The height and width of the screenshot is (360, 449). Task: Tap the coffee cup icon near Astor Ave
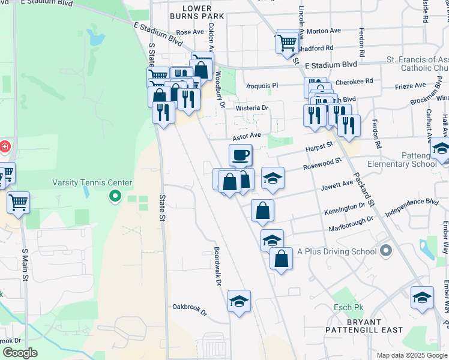[x=240, y=155]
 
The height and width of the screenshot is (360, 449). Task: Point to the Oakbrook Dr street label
[x=189, y=313]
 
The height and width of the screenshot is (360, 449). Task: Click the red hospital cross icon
[x=4, y=146]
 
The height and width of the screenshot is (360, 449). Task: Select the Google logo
[x=20, y=353]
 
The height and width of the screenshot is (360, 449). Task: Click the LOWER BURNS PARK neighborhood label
[x=191, y=13]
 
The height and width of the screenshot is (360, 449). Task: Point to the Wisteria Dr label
[x=252, y=107]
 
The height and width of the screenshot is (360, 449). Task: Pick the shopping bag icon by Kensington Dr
[x=262, y=211]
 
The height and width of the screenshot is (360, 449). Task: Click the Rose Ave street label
[x=190, y=32]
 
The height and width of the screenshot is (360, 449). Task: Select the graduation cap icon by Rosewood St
[x=273, y=178]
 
